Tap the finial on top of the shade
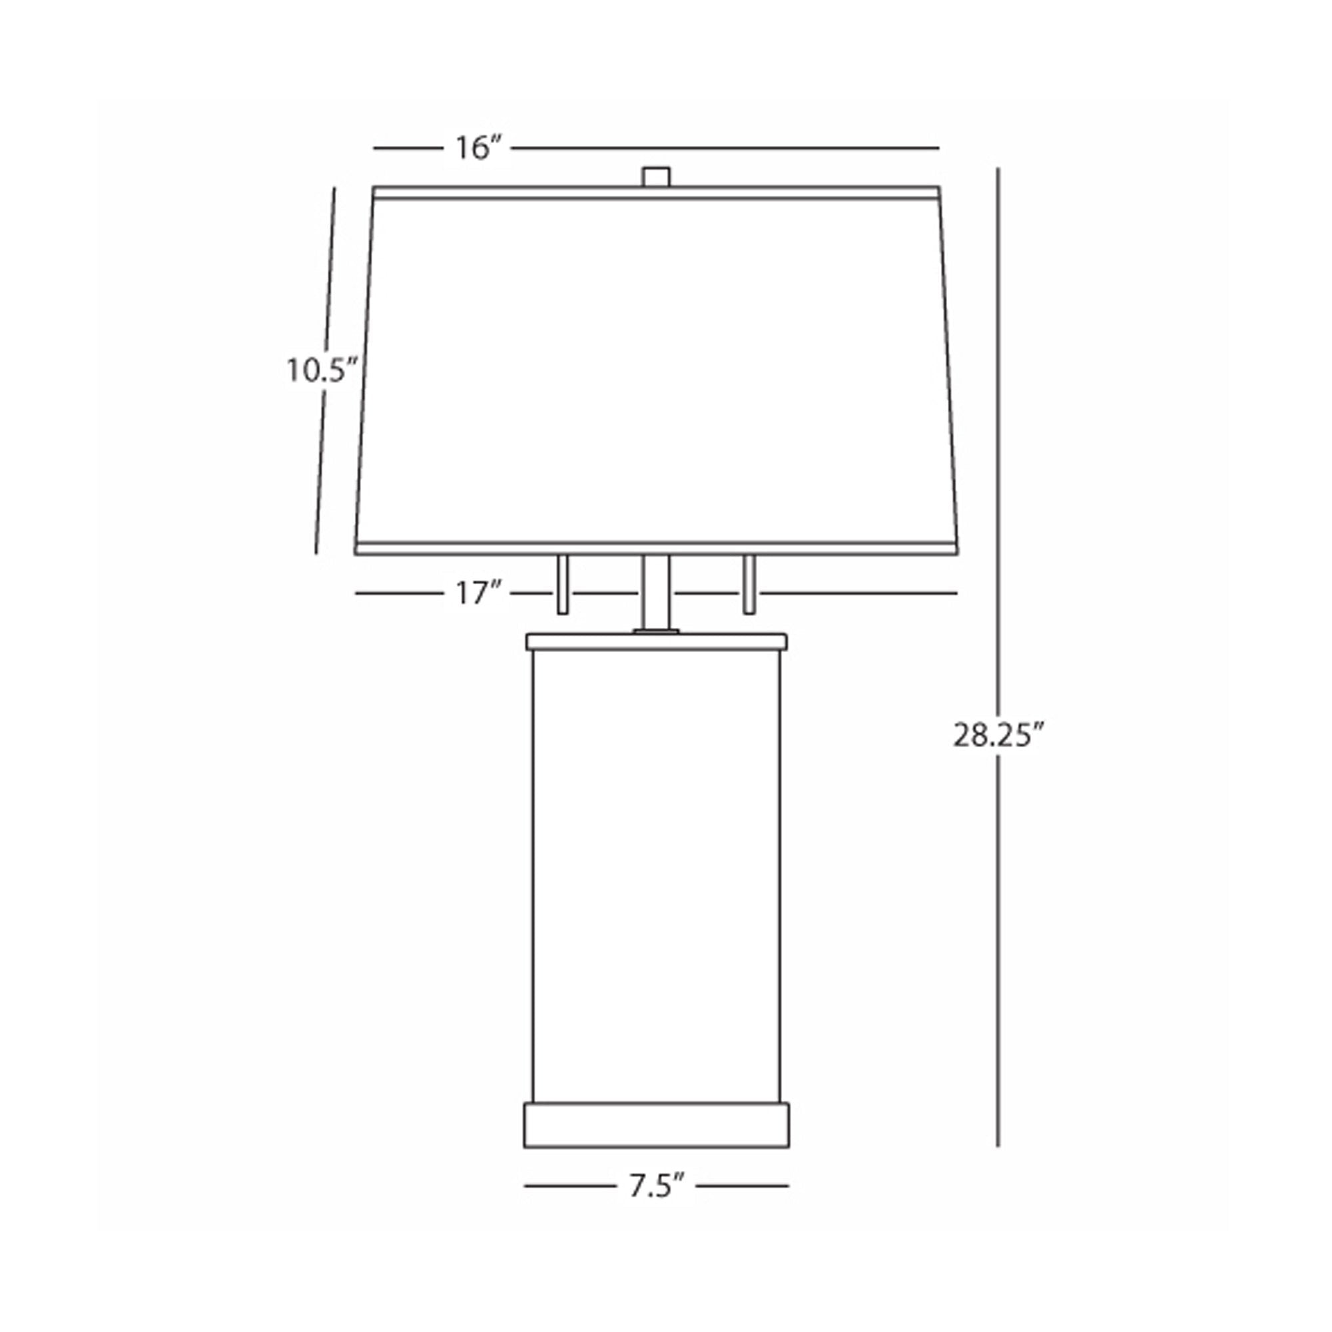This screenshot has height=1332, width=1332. point(655,176)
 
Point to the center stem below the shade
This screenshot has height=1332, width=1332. point(655,593)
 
